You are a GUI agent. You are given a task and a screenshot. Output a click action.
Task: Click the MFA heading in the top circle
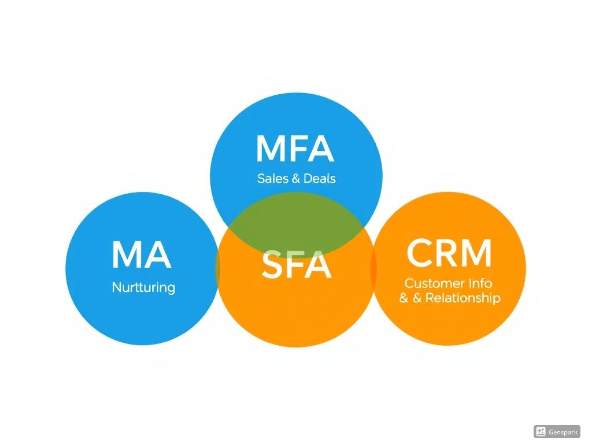295,149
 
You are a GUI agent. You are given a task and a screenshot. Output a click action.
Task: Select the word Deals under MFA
319,178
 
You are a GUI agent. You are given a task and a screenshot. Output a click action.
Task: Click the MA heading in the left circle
142,255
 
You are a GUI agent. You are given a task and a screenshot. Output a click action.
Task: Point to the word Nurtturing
143,288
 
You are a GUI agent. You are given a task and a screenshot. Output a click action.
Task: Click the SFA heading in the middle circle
297,265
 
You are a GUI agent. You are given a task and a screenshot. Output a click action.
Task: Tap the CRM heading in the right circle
449,253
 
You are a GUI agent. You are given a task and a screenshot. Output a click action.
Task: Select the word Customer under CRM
435,283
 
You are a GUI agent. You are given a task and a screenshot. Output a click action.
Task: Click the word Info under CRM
480,283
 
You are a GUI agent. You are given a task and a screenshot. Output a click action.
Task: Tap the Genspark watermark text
563,432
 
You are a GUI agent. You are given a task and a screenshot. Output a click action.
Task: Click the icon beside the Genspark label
541,431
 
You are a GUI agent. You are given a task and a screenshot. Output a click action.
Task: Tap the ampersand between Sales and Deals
296,179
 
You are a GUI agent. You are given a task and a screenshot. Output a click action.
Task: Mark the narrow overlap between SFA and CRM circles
373,268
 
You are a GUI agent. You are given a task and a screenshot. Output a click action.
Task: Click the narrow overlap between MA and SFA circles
218,268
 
